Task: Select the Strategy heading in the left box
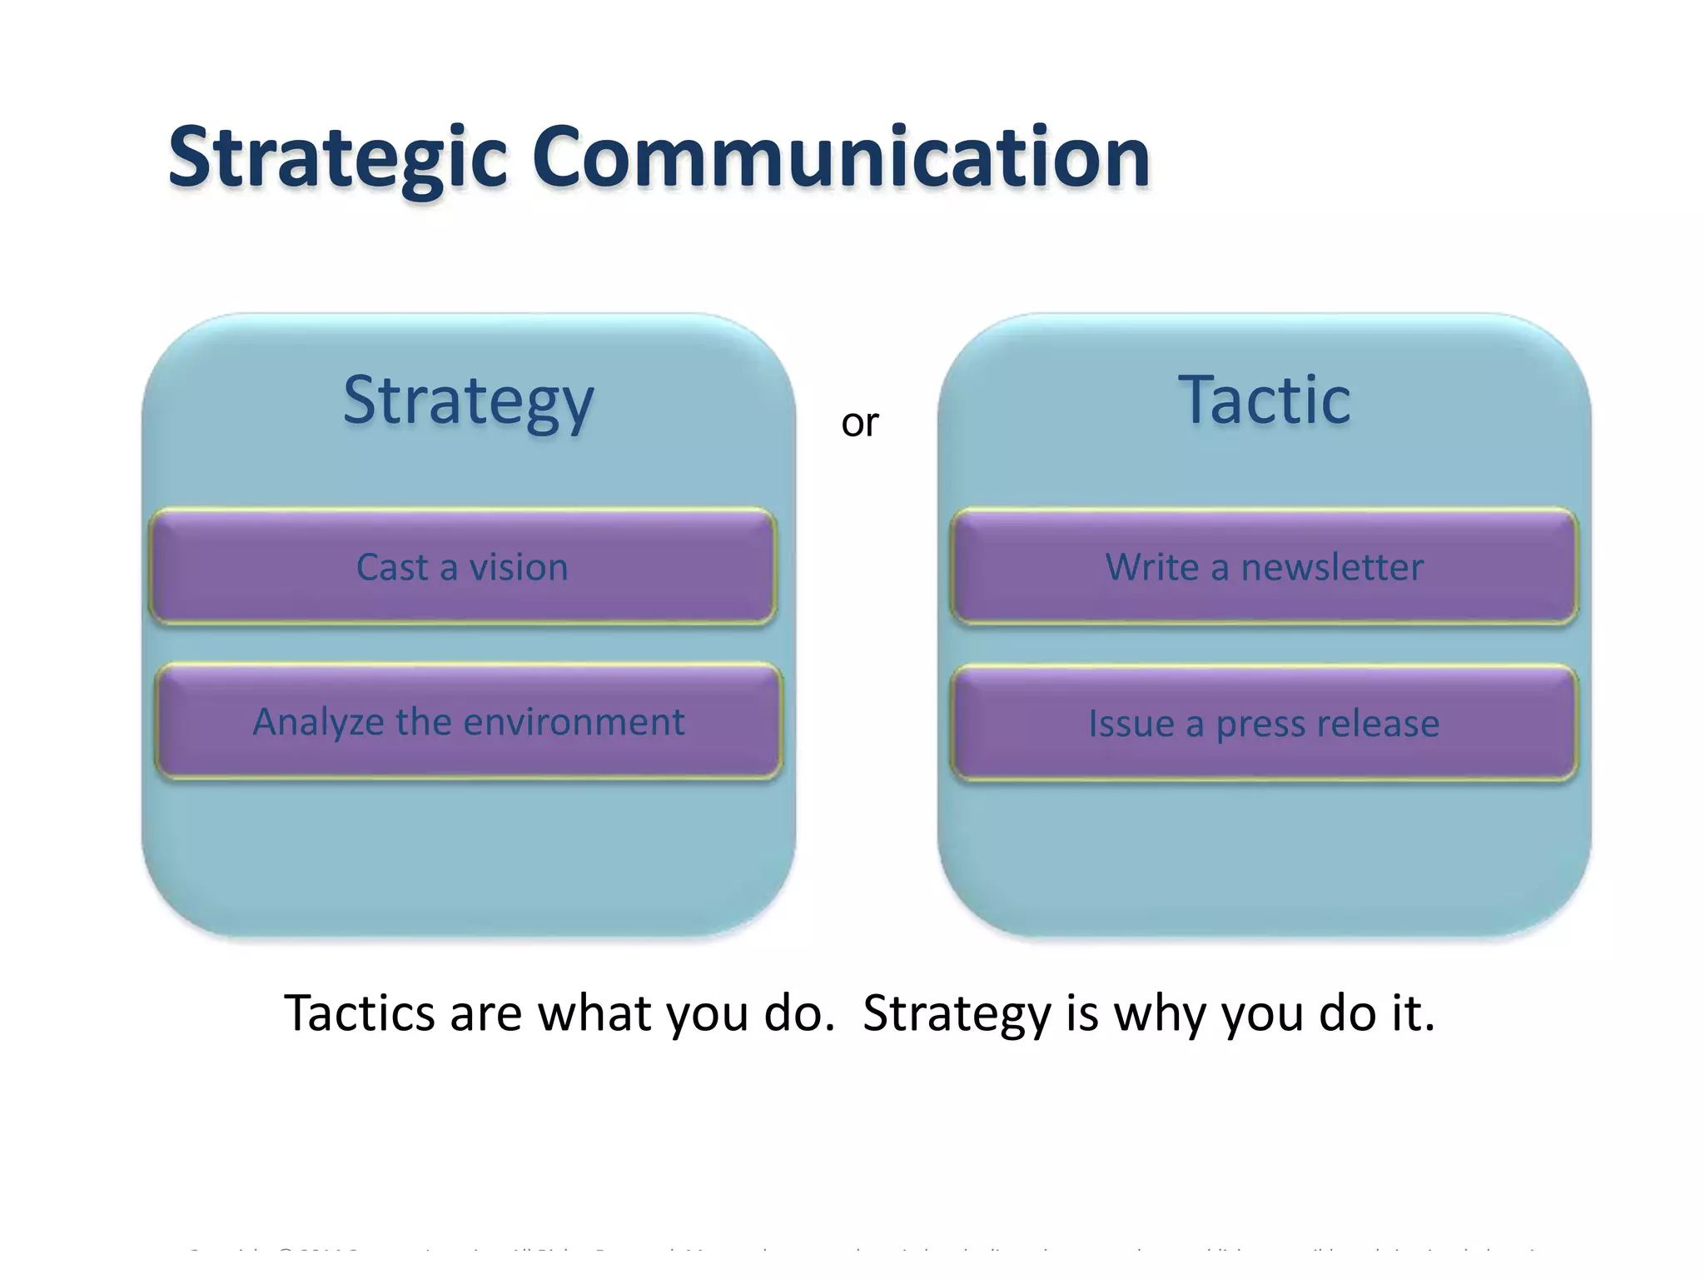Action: click(x=468, y=401)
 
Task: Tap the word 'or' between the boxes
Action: click(x=859, y=424)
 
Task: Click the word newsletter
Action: click(x=1332, y=568)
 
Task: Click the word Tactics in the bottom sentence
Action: click(x=360, y=1013)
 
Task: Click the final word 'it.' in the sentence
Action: click(x=1413, y=1013)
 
